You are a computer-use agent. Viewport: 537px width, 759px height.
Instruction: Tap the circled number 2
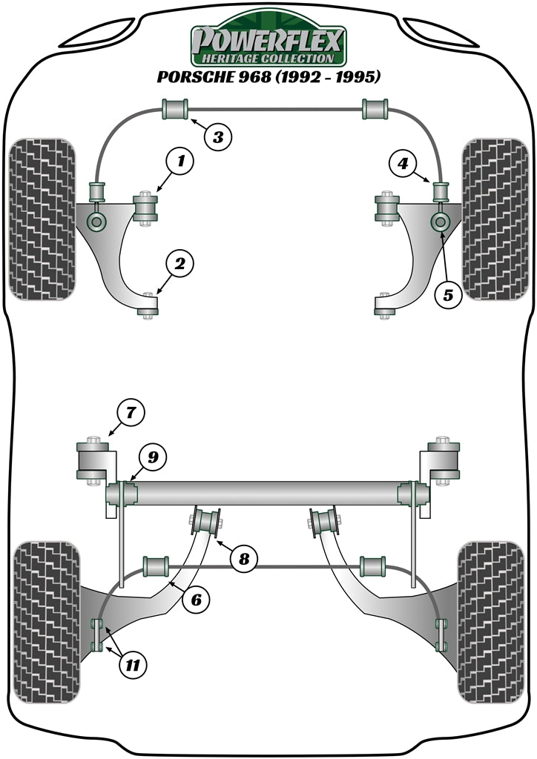tap(180, 262)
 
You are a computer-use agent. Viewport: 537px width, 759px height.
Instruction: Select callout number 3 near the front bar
tap(218, 136)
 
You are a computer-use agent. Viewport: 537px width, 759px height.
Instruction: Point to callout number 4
tap(403, 163)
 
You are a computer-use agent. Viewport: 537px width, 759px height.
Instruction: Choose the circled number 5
tap(448, 295)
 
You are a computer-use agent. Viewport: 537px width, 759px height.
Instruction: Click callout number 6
tap(196, 600)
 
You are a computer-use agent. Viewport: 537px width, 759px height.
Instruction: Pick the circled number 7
tap(131, 412)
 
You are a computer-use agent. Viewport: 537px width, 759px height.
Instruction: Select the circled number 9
tap(152, 457)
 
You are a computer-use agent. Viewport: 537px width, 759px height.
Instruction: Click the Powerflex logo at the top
tap(268, 42)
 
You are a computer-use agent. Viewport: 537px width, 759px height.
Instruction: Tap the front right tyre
tap(495, 219)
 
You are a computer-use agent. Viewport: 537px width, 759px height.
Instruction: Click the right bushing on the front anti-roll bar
tap(376, 108)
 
